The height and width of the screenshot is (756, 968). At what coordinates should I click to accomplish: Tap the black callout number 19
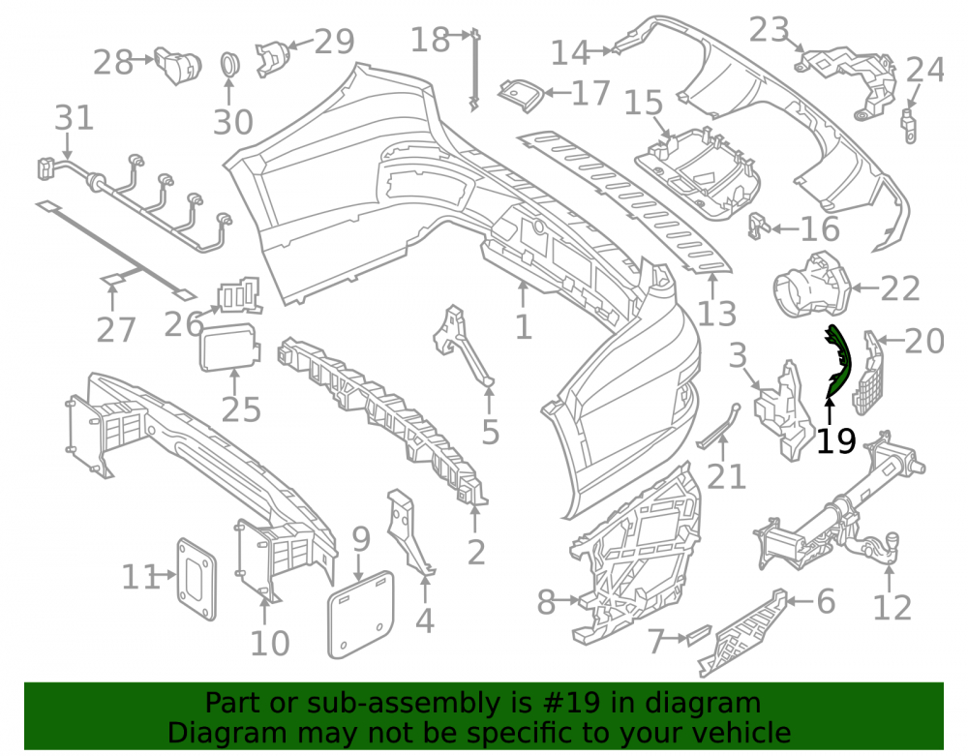[x=836, y=440]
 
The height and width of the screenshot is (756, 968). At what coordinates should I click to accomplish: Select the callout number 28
[x=113, y=62]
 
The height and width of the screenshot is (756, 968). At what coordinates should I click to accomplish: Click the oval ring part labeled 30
[x=230, y=65]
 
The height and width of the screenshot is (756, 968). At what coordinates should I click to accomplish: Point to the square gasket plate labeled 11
[x=197, y=579]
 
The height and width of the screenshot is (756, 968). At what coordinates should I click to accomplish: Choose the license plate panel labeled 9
[x=360, y=614]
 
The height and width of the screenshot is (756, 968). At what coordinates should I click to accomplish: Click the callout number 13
[x=716, y=313]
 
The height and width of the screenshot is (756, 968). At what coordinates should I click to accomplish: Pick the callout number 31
[x=75, y=117]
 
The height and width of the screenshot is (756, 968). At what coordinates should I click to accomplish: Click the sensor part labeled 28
[x=178, y=64]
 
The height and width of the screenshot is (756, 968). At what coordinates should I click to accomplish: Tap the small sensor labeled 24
[x=910, y=125]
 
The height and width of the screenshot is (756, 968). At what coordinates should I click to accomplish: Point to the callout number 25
[x=241, y=408]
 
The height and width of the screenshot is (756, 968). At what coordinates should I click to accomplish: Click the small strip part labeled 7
[x=699, y=635]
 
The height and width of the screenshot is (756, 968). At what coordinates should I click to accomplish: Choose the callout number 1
[x=524, y=326]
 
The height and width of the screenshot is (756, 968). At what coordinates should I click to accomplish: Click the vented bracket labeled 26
[x=239, y=295]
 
